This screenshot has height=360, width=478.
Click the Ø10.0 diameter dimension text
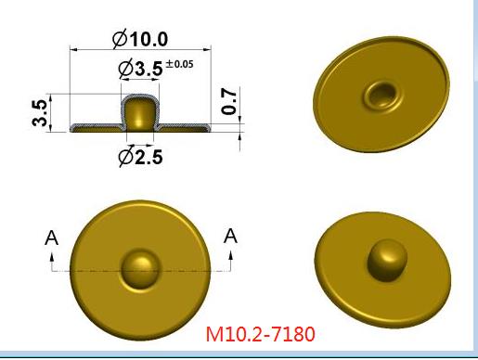140,39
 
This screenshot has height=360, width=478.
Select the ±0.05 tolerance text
179,64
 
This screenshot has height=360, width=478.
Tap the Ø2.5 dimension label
140,157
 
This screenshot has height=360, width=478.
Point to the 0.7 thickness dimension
229,101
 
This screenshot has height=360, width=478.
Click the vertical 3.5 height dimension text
40,112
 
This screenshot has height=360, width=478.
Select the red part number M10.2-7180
260,334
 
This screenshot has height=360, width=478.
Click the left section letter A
51,238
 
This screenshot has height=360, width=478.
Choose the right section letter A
230,236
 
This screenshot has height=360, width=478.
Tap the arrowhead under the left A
52,257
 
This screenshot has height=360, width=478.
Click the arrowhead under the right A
230,256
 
